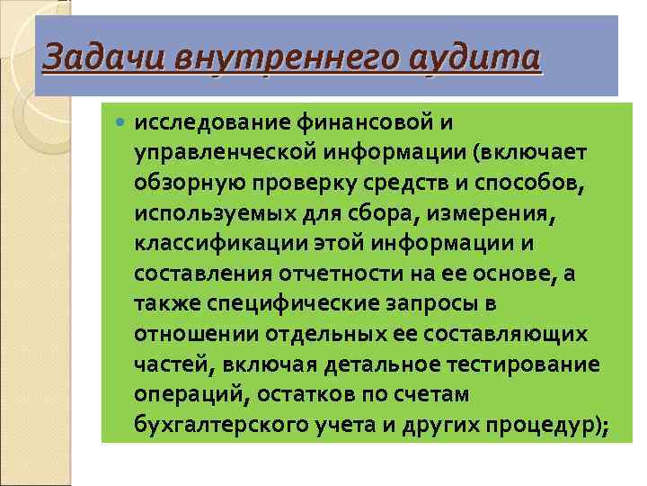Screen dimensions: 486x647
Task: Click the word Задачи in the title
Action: tap(85, 58)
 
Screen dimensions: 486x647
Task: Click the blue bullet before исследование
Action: tap(122, 121)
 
